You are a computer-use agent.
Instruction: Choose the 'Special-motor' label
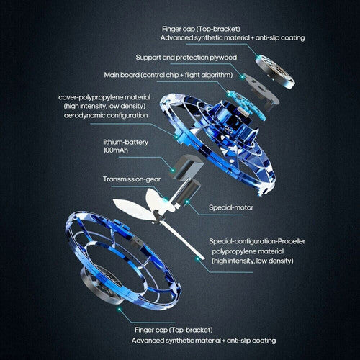[x=233, y=207]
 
